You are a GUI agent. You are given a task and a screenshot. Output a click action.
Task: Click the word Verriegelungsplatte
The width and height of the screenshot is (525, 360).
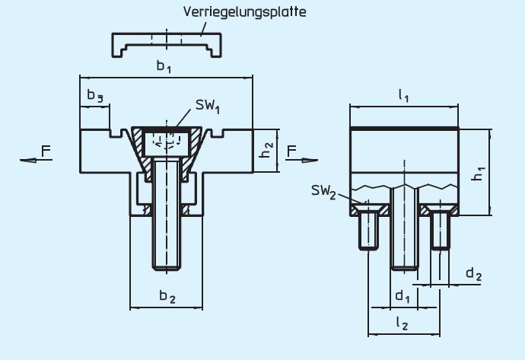coord(244,13)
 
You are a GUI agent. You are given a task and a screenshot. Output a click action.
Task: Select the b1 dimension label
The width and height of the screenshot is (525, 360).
coord(164,68)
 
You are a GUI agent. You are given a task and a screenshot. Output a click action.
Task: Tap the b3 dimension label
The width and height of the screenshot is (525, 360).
coord(94,97)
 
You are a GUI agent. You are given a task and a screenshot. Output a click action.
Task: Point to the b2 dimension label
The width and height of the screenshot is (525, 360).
coord(167,297)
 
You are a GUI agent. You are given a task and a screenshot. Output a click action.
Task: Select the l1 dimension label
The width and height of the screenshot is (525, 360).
coord(404,97)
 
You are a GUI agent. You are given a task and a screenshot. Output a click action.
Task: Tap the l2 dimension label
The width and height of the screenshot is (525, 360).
coord(403,323)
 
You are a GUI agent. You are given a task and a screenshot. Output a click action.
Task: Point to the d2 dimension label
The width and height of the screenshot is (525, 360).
coord(473,273)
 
